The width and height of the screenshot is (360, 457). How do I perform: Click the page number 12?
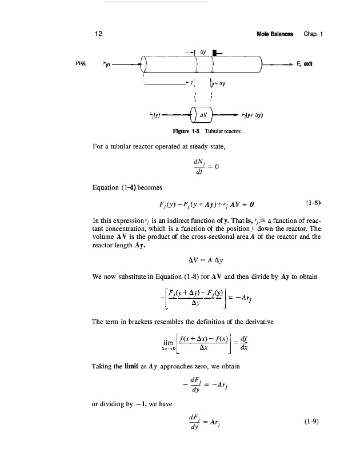point(98,34)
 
